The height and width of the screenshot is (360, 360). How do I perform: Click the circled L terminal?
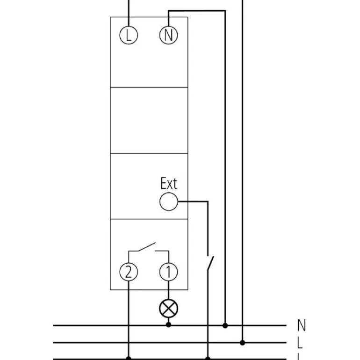(129, 35)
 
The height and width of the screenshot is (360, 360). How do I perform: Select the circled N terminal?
(168, 35)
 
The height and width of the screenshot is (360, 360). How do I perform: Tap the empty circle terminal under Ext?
(168, 202)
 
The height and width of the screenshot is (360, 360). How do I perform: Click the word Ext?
(169, 183)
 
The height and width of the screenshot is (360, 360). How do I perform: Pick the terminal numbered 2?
(129, 272)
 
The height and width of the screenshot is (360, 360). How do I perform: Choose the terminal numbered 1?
(168, 272)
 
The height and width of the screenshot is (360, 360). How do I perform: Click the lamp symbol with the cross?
(168, 309)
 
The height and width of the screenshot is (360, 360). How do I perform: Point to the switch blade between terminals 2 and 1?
(147, 246)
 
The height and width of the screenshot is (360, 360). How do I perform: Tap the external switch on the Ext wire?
(210, 263)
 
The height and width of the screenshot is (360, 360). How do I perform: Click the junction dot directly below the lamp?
(168, 324)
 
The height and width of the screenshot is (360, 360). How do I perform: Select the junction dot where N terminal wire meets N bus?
(225, 325)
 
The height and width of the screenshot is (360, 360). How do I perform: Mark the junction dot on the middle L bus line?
(243, 343)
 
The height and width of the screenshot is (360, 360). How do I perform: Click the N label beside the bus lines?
(302, 325)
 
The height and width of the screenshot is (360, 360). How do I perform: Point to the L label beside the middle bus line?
(300, 343)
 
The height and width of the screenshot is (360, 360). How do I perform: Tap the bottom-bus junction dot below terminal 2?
(129, 358)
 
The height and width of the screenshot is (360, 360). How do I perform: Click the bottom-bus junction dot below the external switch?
(208, 358)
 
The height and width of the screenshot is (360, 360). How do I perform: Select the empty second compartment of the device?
(149, 120)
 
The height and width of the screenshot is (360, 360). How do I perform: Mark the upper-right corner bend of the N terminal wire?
(225, 11)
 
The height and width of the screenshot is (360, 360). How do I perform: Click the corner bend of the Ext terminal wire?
(208, 202)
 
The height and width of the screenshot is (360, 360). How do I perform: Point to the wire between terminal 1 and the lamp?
(168, 290)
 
